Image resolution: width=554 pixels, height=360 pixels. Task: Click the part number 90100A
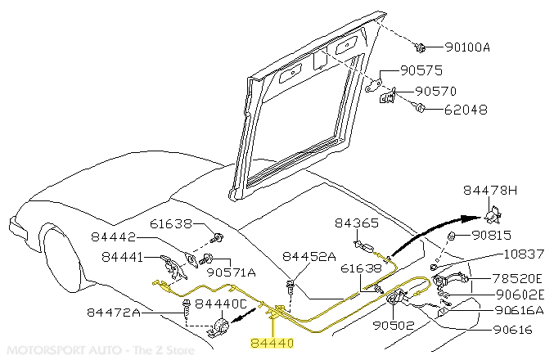pyautogui.click(x=467, y=47)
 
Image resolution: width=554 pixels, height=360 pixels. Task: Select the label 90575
pyautogui.click(x=423, y=73)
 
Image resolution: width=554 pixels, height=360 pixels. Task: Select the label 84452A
pyautogui.click(x=309, y=255)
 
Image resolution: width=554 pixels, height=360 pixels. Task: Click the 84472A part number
pyautogui.click(x=114, y=312)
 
